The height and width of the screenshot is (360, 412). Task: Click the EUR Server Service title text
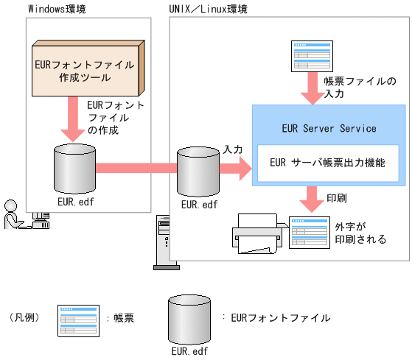[x=329, y=128]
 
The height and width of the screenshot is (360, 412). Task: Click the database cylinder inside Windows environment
[x=74, y=166]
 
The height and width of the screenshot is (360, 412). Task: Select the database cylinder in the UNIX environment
[x=198, y=170]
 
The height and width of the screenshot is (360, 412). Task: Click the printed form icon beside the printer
[x=308, y=233]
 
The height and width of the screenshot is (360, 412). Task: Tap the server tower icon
[x=163, y=239]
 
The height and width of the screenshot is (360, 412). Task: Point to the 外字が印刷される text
[x=360, y=234]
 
